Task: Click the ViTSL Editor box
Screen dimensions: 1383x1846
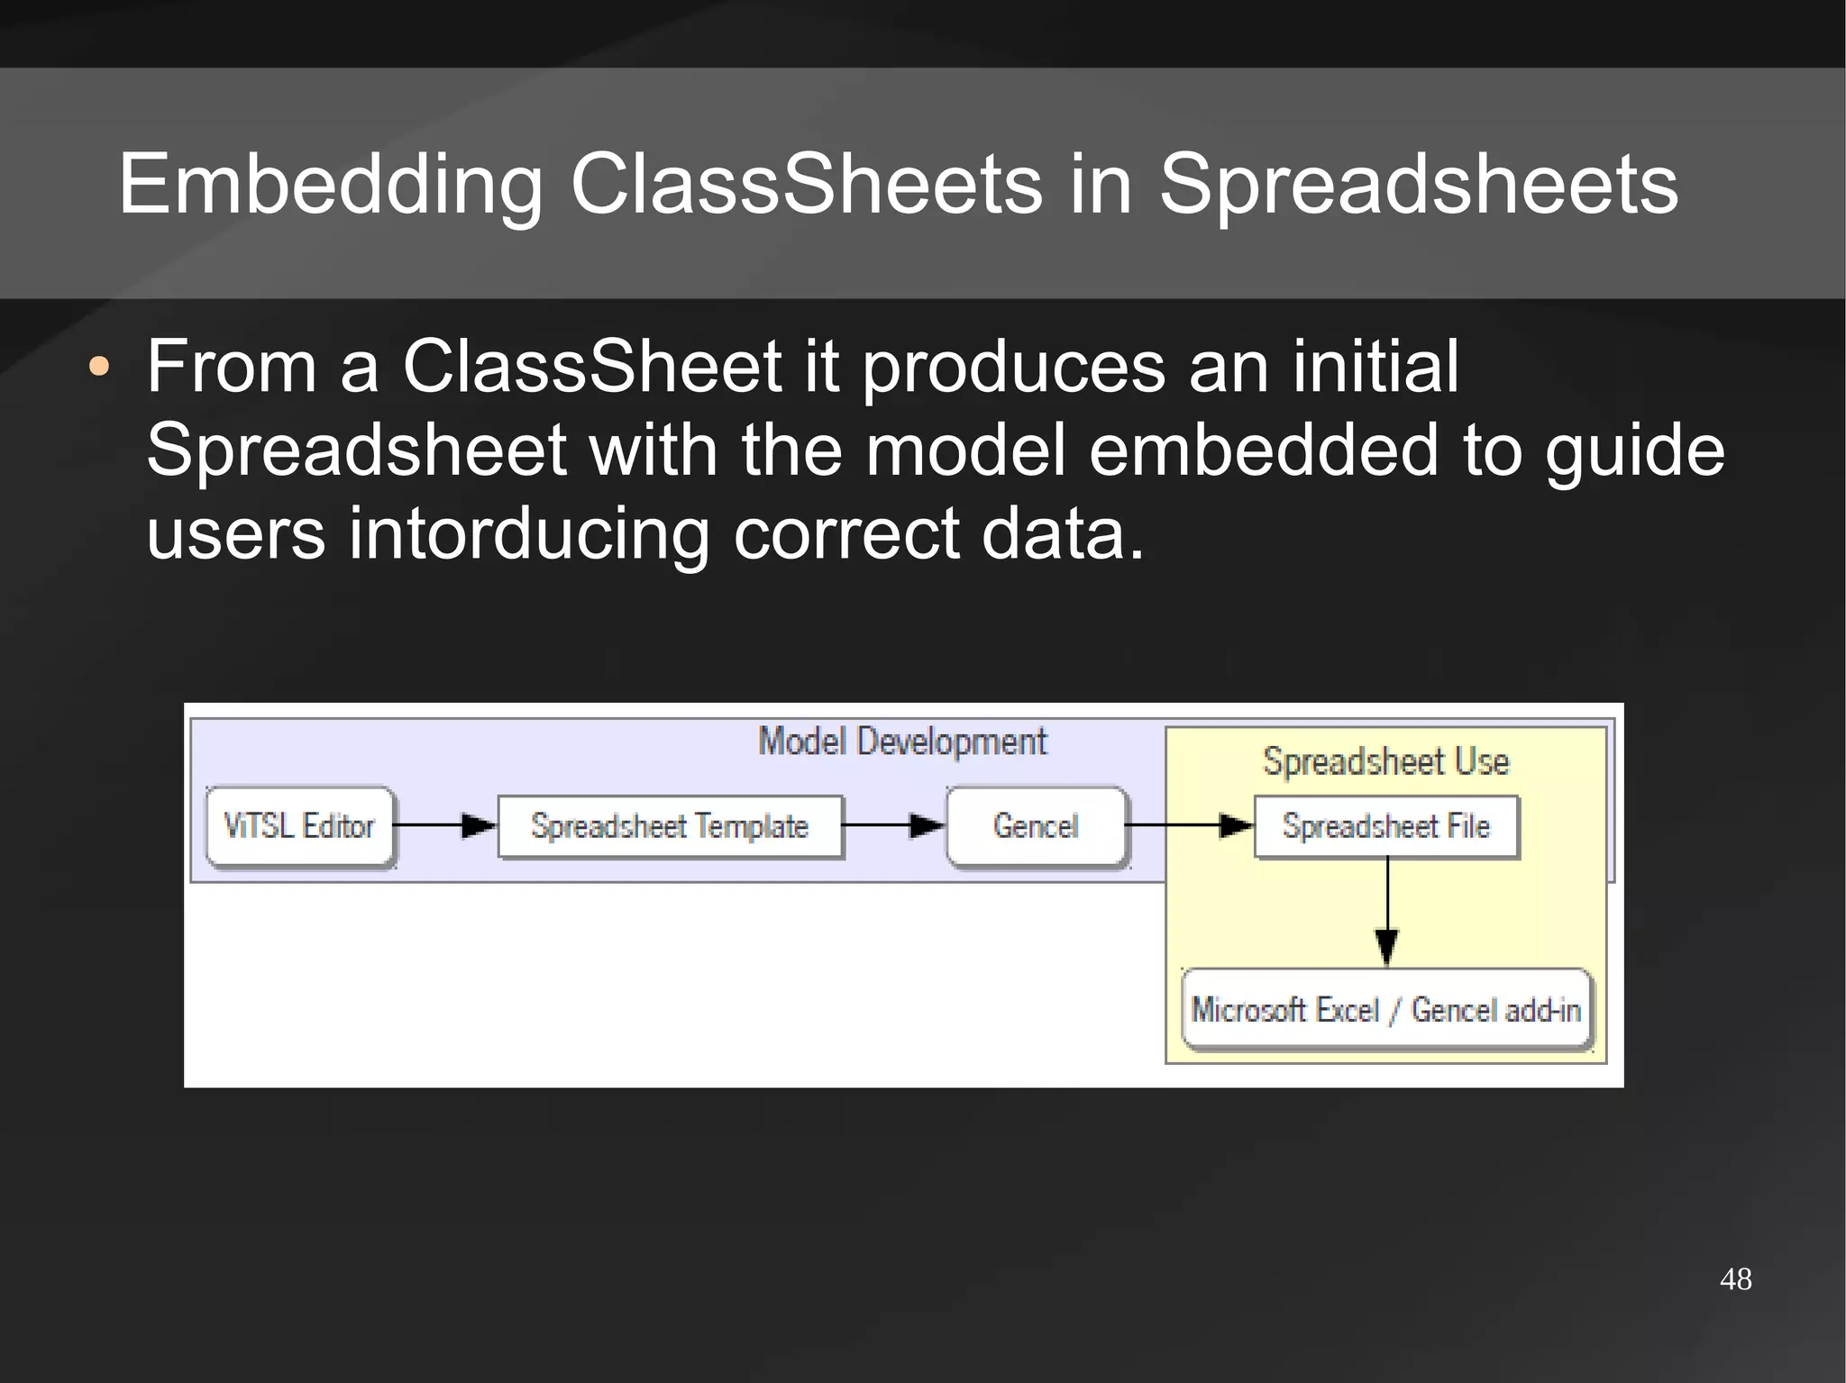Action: [x=300, y=826]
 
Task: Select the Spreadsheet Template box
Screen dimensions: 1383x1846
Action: [x=670, y=826]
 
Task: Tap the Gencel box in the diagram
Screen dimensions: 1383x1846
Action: [x=1036, y=826]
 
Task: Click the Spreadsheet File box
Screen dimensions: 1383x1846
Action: [x=1385, y=826]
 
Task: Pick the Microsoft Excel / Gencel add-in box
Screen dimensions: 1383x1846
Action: [x=1386, y=1010]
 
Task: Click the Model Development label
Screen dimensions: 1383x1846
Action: [x=901, y=742]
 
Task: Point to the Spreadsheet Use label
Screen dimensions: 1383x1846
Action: [x=1385, y=762]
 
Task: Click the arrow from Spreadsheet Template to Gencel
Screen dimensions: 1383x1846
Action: [x=893, y=825]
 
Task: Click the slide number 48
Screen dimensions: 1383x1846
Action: [x=1735, y=1279]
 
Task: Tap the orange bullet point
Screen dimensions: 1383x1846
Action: [x=99, y=368]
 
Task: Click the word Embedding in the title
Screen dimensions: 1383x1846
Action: [x=330, y=185]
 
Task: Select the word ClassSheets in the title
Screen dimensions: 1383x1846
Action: [x=806, y=185]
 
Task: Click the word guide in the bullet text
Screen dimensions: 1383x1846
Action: [x=1634, y=450]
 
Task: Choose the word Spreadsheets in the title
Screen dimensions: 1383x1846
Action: [x=1418, y=185]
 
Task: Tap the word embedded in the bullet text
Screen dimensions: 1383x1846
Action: [x=1264, y=450]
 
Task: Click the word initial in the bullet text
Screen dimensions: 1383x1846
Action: [x=1375, y=366]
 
